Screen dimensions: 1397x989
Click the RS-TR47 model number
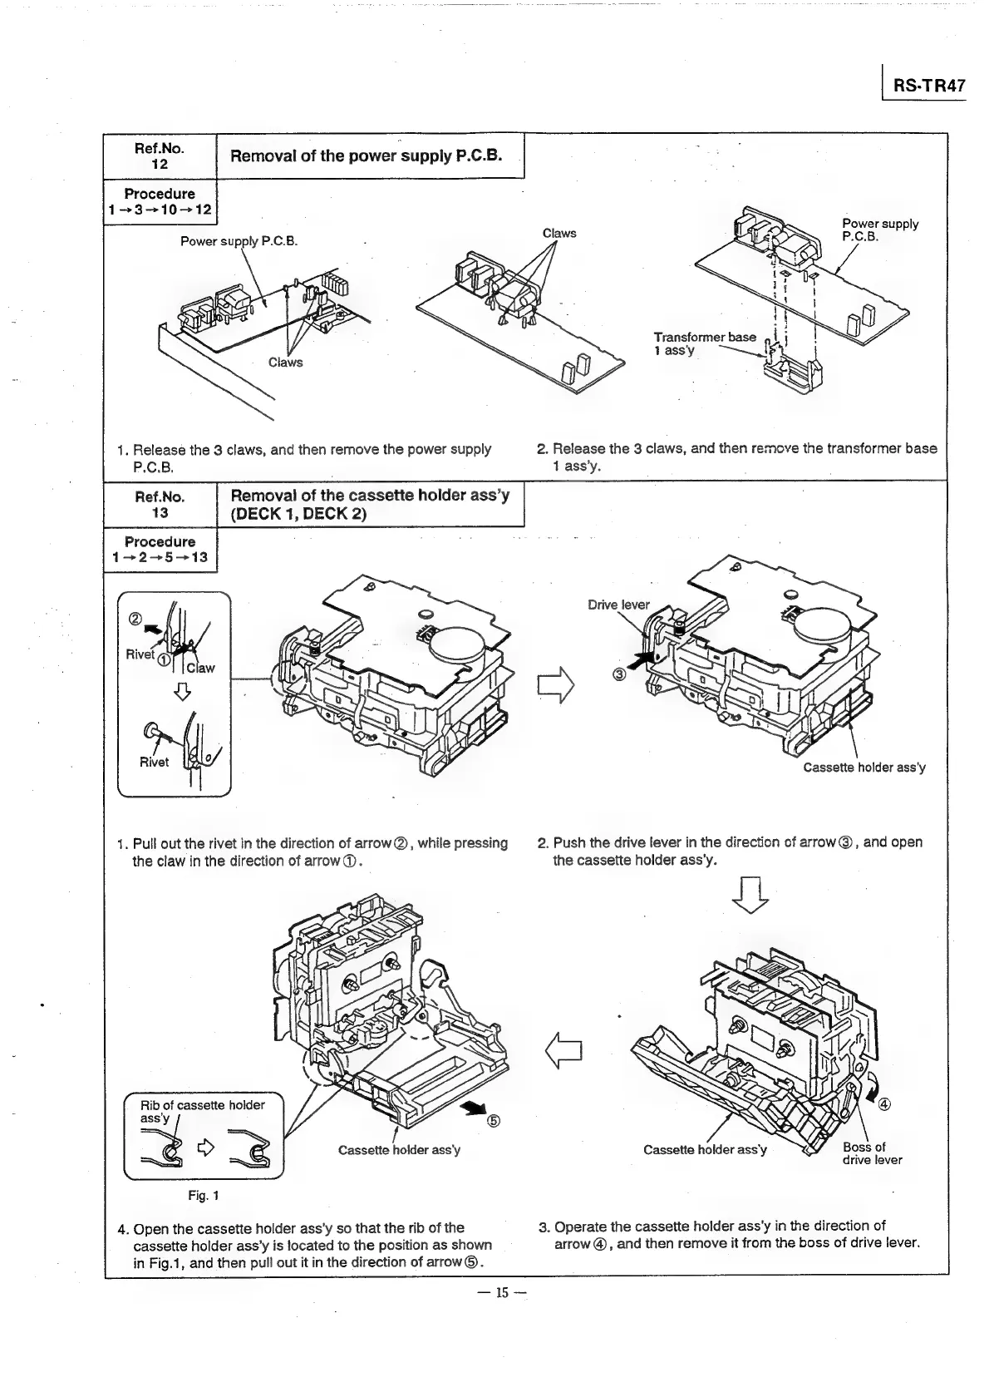[928, 86]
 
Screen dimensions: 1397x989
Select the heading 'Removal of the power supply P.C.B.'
[366, 155]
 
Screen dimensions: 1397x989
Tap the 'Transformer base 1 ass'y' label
[704, 343]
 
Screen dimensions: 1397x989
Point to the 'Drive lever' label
[618, 605]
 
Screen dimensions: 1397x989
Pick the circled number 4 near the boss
[884, 1104]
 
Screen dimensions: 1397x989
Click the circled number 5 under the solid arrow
[493, 1120]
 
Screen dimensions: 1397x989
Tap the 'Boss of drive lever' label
[871, 1153]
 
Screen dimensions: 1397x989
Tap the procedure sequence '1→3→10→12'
[159, 210]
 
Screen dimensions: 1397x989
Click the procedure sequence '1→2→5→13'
[159, 557]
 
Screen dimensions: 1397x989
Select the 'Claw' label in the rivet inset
[200, 668]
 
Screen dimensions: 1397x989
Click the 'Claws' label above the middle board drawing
[558, 233]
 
